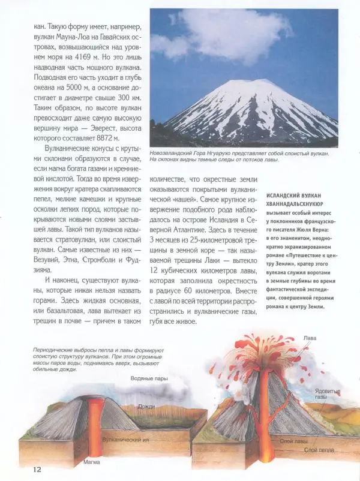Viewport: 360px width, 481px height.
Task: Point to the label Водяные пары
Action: [149, 378]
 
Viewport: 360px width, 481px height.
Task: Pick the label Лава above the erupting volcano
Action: [310, 338]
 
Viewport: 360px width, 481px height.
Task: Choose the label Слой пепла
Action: [319, 449]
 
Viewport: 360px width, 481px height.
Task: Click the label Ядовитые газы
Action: [328, 394]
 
